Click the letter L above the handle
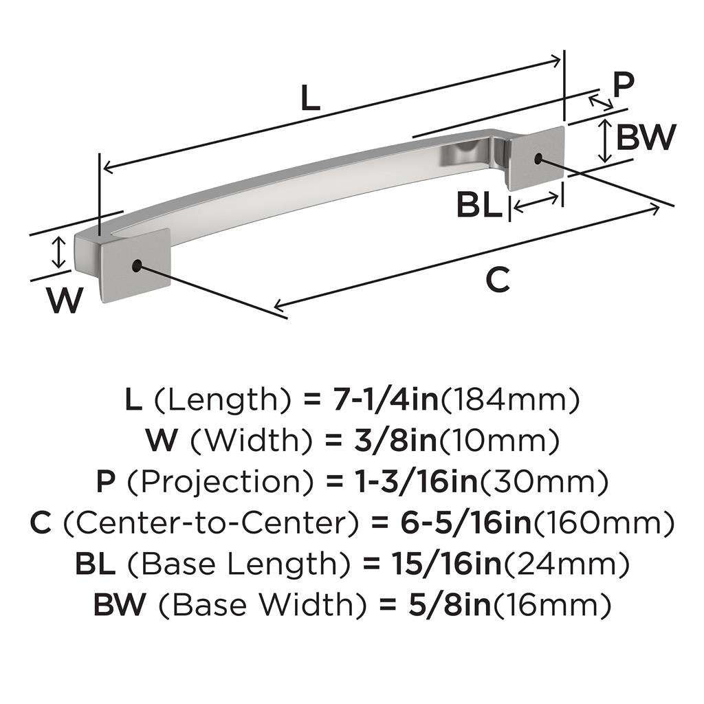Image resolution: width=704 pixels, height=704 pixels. [x=310, y=98]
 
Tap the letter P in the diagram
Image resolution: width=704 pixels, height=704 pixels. [x=623, y=85]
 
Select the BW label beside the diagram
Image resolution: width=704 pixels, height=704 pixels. [x=646, y=137]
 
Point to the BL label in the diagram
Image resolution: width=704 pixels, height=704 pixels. [x=479, y=205]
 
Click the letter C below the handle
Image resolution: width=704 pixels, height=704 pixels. [x=498, y=279]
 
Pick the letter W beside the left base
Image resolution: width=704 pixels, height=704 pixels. [x=65, y=300]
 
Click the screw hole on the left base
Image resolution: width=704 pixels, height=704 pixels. [x=137, y=266]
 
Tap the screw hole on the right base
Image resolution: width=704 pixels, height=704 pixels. [x=538, y=158]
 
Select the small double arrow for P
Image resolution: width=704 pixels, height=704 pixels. [x=601, y=102]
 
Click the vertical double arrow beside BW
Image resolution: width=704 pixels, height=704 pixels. [x=605, y=140]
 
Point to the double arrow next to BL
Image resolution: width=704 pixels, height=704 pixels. [x=536, y=201]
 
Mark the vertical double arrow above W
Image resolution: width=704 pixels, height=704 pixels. [x=58, y=253]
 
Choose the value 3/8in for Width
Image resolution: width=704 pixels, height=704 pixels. [x=394, y=441]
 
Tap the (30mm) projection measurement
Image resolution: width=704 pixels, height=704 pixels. [x=544, y=481]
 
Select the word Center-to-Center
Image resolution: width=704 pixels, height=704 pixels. [x=211, y=522]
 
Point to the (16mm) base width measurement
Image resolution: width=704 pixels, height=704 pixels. [x=552, y=605]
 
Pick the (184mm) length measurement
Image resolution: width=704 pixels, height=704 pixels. [x=510, y=399]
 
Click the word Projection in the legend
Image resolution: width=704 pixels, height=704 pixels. [x=221, y=481]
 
